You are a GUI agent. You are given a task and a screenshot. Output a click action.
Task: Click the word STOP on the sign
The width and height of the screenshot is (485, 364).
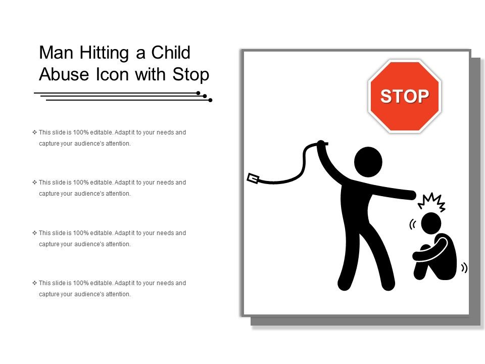tap(405, 96)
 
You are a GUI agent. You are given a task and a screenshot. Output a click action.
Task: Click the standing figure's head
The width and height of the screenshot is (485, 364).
tap(368, 162)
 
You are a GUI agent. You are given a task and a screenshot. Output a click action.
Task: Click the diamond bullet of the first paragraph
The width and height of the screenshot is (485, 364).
tap(34, 132)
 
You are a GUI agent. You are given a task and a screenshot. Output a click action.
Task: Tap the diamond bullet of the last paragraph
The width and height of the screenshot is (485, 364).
tap(34, 283)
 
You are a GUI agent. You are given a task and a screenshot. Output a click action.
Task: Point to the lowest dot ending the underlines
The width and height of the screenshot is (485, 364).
tap(210, 100)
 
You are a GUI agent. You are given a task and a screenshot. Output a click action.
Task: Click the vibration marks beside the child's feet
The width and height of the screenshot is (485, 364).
tap(464, 268)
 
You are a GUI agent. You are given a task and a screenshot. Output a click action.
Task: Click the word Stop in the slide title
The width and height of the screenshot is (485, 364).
tap(190, 75)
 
